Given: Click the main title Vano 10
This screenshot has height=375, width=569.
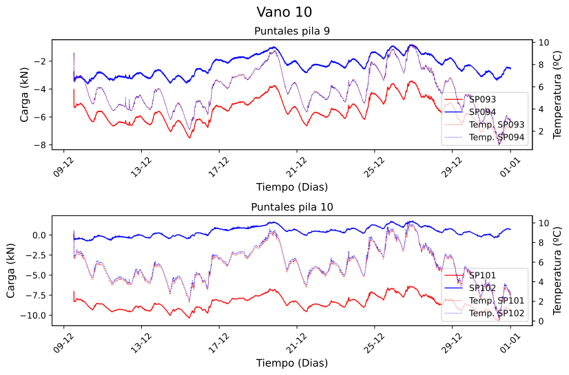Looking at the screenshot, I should pyautogui.click(x=284, y=12).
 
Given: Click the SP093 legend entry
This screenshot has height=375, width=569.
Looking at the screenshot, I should pyautogui.click(x=482, y=100).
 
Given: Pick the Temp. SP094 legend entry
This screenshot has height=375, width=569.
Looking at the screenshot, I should pyautogui.click(x=497, y=138).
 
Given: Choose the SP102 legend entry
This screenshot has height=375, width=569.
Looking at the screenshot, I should pyautogui.click(x=482, y=288).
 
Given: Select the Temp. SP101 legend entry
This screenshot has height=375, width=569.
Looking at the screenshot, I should pyautogui.click(x=497, y=301).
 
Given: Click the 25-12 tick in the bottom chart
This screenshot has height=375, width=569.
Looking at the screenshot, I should pyautogui.click(x=373, y=339).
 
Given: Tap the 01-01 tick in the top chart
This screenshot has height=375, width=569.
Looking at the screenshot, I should pyautogui.click(x=510, y=162).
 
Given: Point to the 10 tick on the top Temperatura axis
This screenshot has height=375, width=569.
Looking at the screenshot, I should pyautogui.click(x=544, y=43).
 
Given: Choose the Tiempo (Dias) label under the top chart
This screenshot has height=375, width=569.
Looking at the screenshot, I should pyautogui.click(x=291, y=186).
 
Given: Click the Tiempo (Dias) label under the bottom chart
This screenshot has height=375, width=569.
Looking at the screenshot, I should pyautogui.click(x=291, y=363).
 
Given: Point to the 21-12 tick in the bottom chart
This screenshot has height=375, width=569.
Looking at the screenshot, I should pyautogui.click(x=296, y=339).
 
